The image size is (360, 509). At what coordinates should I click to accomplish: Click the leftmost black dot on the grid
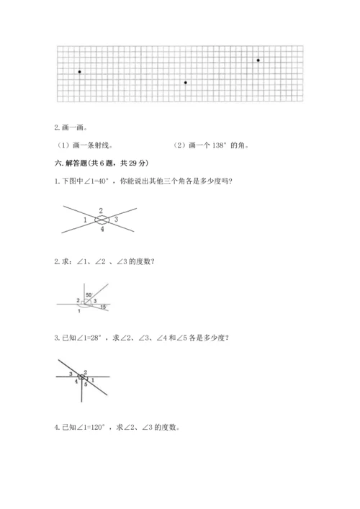click(79, 72)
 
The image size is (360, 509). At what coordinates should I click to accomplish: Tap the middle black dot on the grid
click(185, 83)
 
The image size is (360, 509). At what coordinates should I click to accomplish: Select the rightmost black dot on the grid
click(258, 60)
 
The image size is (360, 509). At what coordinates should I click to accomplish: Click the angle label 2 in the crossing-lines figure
click(101, 210)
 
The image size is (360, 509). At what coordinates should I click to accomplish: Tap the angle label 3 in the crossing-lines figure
click(116, 219)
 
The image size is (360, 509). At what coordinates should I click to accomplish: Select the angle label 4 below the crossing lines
click(102, 229)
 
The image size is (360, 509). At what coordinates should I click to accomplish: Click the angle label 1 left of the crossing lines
click(85, 219)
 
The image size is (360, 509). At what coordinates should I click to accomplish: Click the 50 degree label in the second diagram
click(88, 295)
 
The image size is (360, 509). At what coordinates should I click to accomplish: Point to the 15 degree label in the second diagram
click(103, 307)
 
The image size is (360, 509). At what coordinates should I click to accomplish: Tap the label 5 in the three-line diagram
click(85, 385)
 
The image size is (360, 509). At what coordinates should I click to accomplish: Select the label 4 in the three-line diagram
click(76, 381)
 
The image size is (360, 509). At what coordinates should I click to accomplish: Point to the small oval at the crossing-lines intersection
click(102, 220)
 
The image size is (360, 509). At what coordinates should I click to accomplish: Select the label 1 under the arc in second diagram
click(78, 310)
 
